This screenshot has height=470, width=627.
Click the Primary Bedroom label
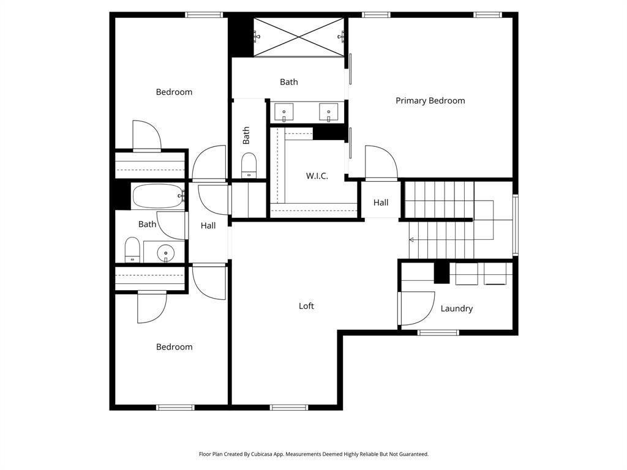430,101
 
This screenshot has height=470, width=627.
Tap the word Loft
306,306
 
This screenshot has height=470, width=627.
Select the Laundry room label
456,308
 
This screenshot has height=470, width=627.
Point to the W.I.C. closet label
317,176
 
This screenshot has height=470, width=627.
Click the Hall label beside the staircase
381,203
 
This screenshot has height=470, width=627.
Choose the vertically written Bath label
246,135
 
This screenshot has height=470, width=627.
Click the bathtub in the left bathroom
157,196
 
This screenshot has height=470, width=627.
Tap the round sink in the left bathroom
165,252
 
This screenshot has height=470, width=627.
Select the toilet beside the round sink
132,250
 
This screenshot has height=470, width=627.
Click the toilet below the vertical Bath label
249,165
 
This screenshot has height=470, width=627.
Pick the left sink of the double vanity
283,112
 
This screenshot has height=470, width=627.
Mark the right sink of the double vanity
329,112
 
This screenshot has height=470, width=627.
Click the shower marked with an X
299,37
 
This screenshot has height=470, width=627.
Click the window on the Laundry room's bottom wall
438,332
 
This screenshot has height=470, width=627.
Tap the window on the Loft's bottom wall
288,408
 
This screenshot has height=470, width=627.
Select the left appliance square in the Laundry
467,274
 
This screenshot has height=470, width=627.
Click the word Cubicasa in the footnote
264,454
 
